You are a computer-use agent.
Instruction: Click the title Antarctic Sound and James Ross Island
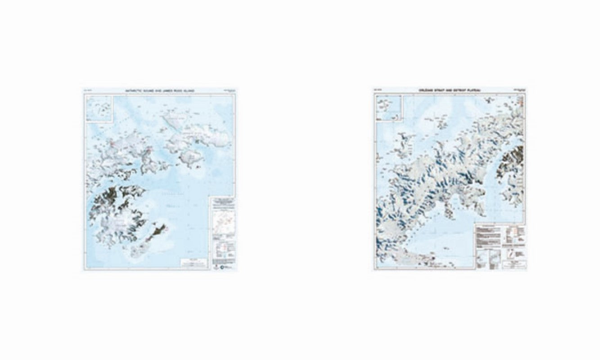160,91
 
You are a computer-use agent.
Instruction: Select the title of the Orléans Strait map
449,91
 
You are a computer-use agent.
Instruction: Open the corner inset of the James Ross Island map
99,108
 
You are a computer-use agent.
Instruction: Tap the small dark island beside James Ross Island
158,232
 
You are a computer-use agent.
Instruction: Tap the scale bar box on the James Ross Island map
194,263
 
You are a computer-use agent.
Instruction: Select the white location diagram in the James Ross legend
223,223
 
